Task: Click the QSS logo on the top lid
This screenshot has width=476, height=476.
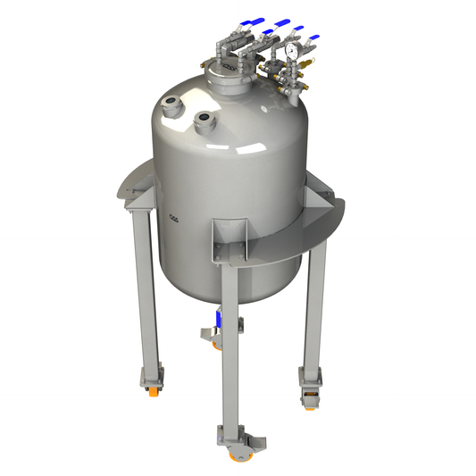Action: point(230,67)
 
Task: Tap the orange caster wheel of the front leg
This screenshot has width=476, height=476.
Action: point(239,457)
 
